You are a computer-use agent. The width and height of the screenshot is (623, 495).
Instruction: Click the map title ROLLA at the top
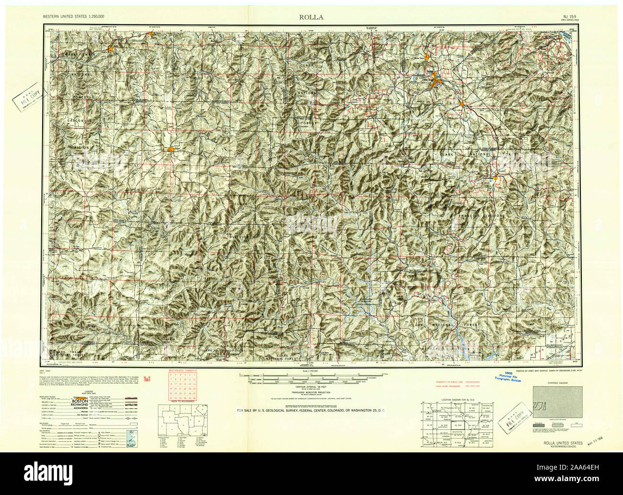click(311, 17)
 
